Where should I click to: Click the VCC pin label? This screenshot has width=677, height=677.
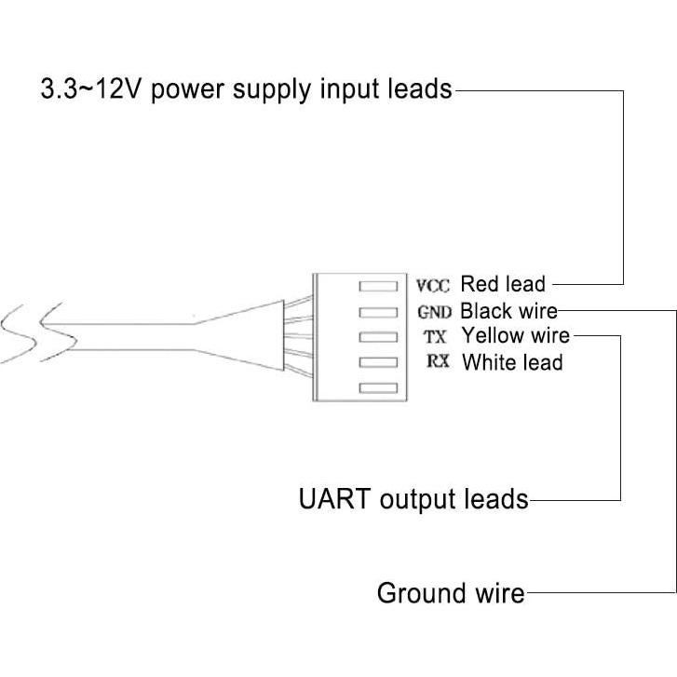coord(433,285)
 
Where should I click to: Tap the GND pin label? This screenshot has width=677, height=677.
coord(434,311)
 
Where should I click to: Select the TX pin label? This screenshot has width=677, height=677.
coord(435,335)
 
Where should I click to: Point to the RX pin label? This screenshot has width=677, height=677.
coord(438,360)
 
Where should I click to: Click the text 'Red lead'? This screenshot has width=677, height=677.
coord(503,283)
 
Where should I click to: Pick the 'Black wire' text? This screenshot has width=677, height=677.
coord(508,310)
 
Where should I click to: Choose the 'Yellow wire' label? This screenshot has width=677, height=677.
coord(516,335)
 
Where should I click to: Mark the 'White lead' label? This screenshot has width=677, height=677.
coord(512,361)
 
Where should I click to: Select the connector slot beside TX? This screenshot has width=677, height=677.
coord(378,337)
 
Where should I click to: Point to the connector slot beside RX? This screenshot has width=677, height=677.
coord(378,362)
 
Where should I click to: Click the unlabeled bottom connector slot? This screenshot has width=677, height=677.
coord(378,387)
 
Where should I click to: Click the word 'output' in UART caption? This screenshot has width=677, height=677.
coord(420,500)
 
